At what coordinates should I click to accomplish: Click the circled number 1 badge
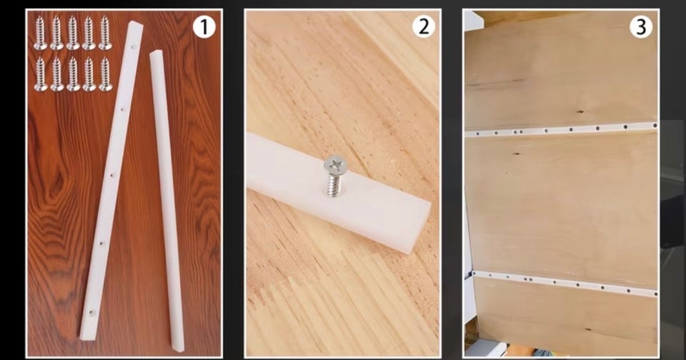204,27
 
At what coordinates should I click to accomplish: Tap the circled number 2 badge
424,26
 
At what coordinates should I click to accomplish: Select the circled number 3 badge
641,26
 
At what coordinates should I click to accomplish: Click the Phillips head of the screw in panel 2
336,165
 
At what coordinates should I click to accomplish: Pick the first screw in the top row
41,33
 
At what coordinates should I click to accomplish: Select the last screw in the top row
105,33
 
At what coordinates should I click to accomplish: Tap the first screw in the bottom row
41,74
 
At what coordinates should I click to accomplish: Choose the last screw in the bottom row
105,74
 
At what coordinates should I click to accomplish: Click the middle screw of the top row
73,33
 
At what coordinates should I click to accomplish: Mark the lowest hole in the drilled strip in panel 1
92,313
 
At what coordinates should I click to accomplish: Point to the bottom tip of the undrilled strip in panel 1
179,350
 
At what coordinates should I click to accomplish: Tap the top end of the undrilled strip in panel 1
156,54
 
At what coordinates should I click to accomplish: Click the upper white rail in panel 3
562,130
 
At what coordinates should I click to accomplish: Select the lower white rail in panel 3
565,284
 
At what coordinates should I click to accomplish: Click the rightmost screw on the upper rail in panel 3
655,126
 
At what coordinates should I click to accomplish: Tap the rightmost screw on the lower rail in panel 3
655,294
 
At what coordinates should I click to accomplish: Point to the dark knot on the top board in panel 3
580,111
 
